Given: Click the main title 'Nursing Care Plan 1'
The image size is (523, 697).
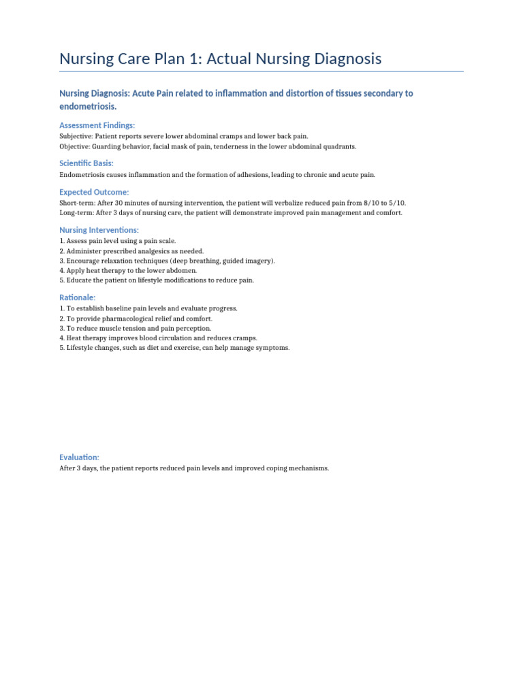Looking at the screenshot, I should (x=220, y=59).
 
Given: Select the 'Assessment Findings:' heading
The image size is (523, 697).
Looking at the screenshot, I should (x=97, y=125).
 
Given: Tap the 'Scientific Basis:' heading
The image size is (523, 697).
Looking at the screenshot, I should (x=86, y=163).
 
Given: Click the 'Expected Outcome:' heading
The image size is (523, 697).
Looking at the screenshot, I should (x=94, y=192).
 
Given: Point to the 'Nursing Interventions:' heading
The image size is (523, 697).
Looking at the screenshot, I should (x=99, y=230).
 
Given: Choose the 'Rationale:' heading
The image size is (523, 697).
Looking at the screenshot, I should (x=78, y=297).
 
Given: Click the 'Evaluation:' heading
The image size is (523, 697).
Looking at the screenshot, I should (x=79, y=457).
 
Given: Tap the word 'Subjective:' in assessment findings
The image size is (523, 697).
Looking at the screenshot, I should (x=76, y=136).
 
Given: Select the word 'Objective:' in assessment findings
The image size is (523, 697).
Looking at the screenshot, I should (x=74, y=146).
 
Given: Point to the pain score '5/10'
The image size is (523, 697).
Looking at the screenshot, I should (x=396, y=203).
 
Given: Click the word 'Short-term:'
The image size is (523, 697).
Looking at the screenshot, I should (x=76, y=203).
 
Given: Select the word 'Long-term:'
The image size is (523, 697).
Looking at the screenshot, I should (x=76, y=213).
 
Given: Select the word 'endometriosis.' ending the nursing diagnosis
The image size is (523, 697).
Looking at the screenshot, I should (x=88, y=107).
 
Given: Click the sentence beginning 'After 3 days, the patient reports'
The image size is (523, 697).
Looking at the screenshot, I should (x=194, y=468).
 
